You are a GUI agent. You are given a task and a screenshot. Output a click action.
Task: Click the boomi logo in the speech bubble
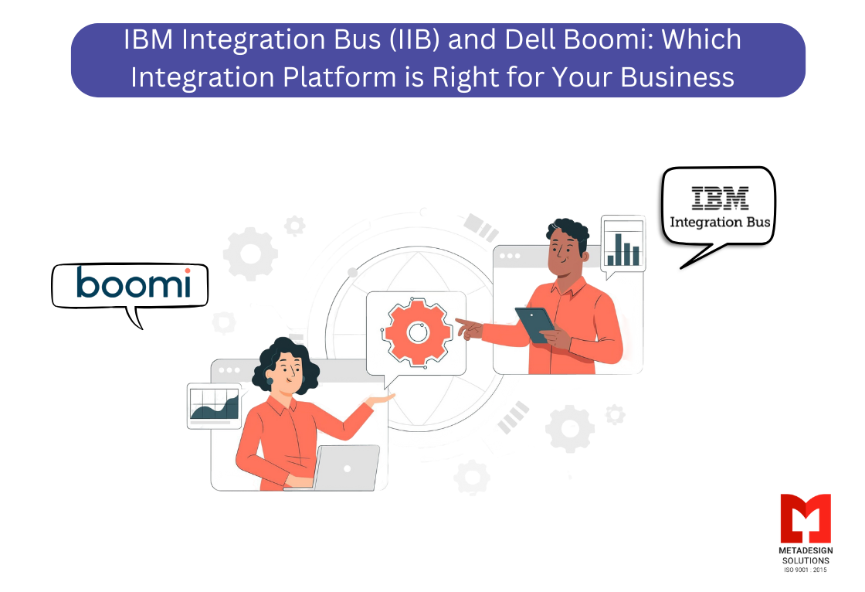(133, 283)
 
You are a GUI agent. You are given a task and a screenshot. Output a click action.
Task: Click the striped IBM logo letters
(720, 198)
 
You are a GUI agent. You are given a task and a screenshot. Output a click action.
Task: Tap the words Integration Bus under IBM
(720, 223)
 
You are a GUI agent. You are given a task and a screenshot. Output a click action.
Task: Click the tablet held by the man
(535, 324)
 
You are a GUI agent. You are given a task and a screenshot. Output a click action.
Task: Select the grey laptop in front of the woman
(346, 467)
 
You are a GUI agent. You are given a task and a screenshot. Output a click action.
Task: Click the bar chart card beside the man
(622, 243)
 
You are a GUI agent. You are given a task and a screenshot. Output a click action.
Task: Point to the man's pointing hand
(469, 328)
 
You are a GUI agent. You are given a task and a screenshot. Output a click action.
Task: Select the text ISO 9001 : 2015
(805, 570)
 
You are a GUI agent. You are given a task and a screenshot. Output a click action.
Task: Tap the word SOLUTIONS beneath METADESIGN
(805, 560)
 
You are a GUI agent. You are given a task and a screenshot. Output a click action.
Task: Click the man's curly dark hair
(568, 230)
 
